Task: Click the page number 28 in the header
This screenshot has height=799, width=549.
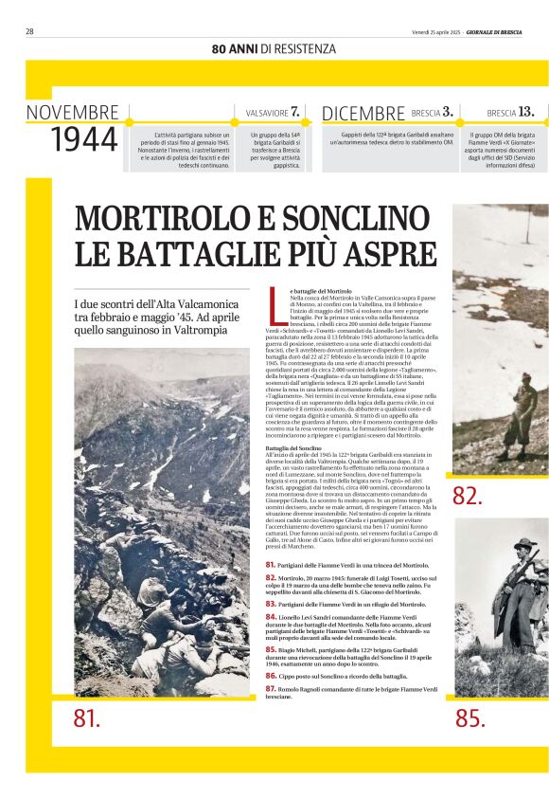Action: click(x=29, y=31)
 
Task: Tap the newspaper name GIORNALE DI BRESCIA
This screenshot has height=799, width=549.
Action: click(x=506, y=31)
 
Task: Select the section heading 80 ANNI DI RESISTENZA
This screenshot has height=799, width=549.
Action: click(x=274, y=48)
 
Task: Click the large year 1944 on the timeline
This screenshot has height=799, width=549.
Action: click(x=83, y=140)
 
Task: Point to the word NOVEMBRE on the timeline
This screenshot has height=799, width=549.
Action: click(x=73, y=114)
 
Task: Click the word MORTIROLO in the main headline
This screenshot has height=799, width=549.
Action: click(x=156, y=220)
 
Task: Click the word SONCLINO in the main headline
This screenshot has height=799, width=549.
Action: click(x=348, y=220)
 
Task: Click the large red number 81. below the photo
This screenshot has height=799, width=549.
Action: click(x=86, y=718)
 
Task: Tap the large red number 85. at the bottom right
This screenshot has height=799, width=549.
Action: click(x=470, y=718)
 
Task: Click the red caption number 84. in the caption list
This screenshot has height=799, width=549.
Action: click(x=271, y=617)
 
